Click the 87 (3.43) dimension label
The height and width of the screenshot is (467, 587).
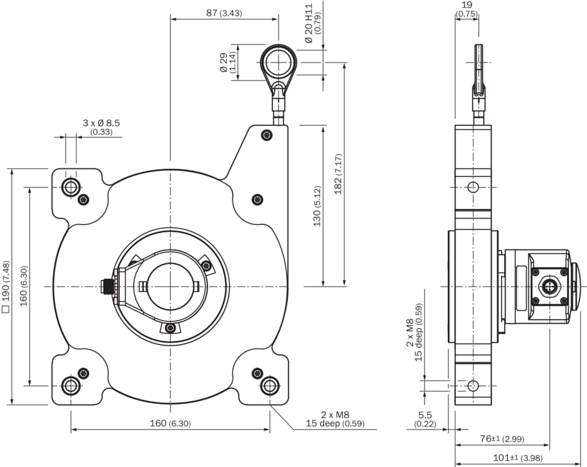point(224,12)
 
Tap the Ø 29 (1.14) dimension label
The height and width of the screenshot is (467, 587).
point(228,62)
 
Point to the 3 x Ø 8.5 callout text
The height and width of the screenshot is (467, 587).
point(101,127)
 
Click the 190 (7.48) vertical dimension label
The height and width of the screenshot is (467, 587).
point(6,286)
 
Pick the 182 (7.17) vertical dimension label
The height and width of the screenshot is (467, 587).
point(338,175)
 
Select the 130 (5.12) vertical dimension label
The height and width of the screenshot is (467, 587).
point(317,206)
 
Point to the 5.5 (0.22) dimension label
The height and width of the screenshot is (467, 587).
point(425,419)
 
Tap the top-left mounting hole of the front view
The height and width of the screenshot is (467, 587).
point(71,186)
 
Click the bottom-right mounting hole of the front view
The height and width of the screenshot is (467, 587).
point(270,385)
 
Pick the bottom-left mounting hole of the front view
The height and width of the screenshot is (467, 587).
point(71,385)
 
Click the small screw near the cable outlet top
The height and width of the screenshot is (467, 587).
point(267,135)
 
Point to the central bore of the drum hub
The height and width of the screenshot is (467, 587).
point(170,286)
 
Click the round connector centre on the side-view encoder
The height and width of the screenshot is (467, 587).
point(549,286)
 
